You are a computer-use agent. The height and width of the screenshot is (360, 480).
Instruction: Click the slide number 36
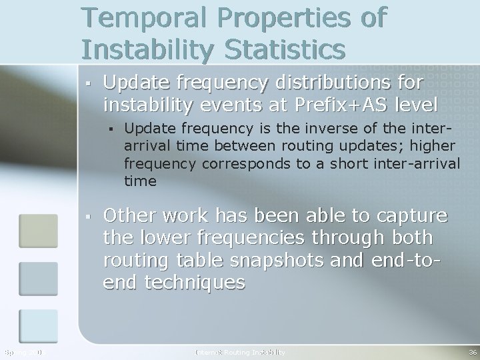(472, 351)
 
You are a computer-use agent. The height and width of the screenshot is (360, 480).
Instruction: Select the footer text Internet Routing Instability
(240, 351)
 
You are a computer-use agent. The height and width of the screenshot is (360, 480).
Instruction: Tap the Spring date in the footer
(23, 351)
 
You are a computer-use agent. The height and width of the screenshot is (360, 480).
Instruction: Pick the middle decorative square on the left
(39, 278)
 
